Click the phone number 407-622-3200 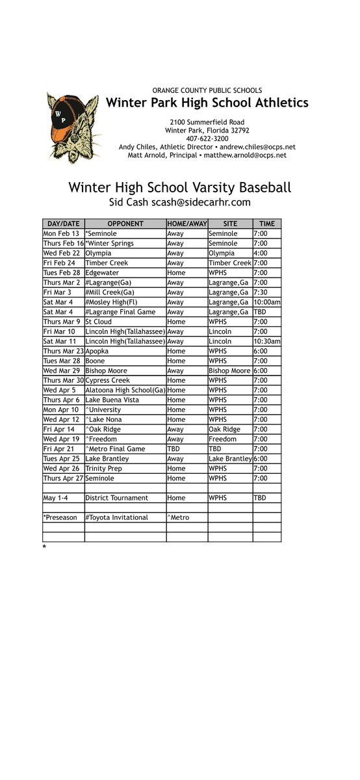coord(207,138)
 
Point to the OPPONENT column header coord(125,224)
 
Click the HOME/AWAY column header coord(186,224)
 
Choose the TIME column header coord(266,224)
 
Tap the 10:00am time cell coord(266,302)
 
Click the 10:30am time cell coord(266,341)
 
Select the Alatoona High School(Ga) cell coord(125,390)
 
